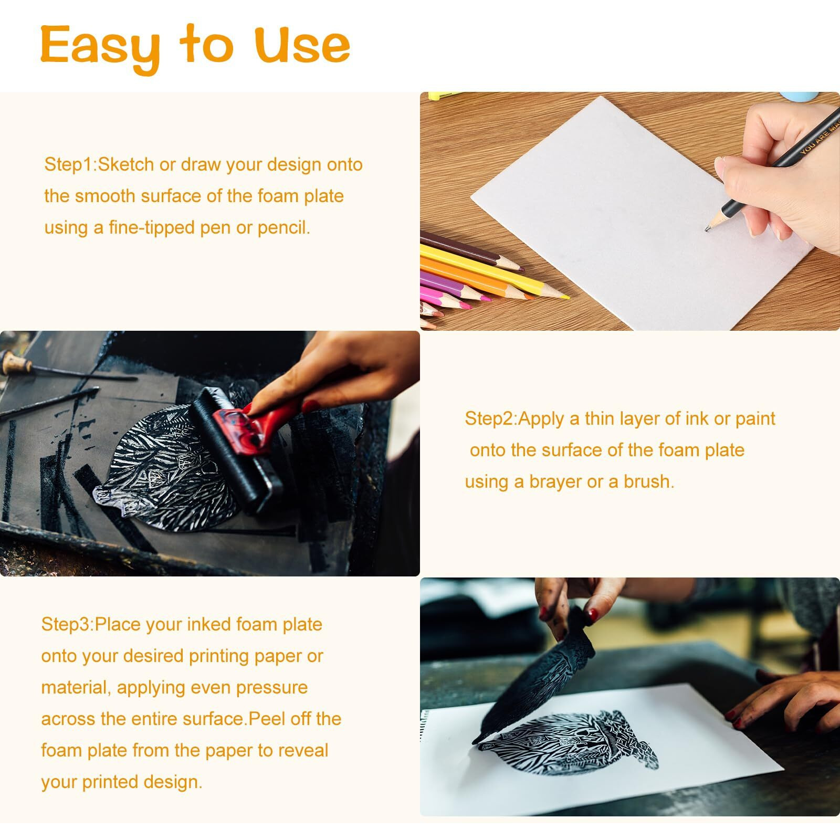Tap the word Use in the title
coord(303,45)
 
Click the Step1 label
coord(68,165)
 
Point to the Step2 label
coord(489,419)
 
